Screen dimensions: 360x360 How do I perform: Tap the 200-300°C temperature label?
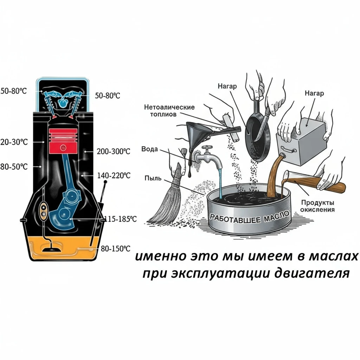click(113, 152)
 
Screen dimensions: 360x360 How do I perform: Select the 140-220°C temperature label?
click(113, 175)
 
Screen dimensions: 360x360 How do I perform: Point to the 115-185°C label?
click(121, 219)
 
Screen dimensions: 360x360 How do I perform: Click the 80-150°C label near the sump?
click(116, 249)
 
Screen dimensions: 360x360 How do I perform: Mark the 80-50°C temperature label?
click(14, 166)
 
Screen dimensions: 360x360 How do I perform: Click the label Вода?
click(150, 149)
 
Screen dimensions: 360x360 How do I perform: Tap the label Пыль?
click(153, 178)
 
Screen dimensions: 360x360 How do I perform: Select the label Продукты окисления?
click(317, 206)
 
